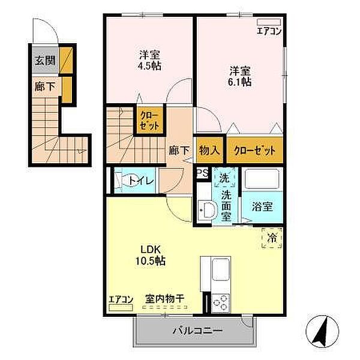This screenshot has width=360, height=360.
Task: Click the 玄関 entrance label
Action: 43,60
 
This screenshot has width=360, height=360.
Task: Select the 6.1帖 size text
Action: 239,82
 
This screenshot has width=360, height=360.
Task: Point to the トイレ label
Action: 145,180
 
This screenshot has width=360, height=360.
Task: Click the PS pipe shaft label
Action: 203,173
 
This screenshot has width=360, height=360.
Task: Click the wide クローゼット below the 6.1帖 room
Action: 254,151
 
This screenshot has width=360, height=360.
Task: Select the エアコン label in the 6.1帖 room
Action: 268,31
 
